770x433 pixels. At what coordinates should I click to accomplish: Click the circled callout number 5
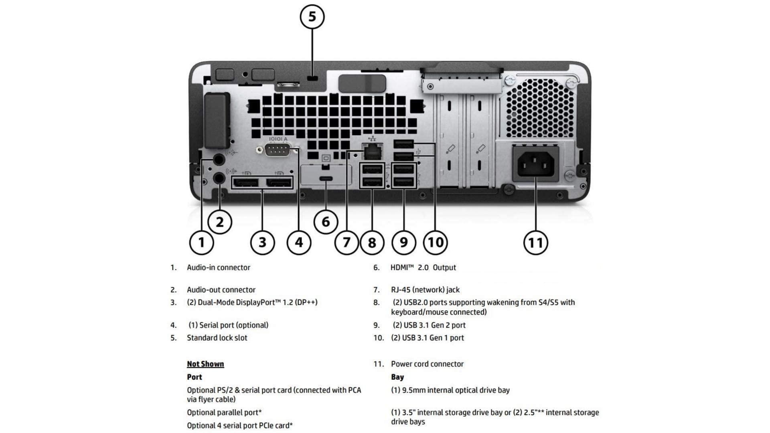tap(312, 17)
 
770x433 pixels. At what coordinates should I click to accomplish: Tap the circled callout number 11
tap(535, 242)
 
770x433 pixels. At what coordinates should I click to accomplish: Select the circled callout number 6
tap(326, 222)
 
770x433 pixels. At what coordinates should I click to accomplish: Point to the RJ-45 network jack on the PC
tap(372, 152)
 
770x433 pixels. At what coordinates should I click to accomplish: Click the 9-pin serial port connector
tap(278, 150)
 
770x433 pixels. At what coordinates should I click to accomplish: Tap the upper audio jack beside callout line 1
tap(218, 160)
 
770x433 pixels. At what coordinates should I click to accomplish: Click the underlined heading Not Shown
tap(205, 364)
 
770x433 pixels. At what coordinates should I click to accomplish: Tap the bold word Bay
tap(397, 377)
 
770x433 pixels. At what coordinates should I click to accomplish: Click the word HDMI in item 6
tap(399, 267)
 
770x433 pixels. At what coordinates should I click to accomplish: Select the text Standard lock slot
tap(217, 338)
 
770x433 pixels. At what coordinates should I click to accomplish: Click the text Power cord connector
tap(427, 364)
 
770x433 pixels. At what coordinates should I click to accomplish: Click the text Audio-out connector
tap(221, 290)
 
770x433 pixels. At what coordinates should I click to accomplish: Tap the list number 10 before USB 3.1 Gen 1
tap(378, 338)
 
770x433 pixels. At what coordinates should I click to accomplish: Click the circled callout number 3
tap(262, 242)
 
